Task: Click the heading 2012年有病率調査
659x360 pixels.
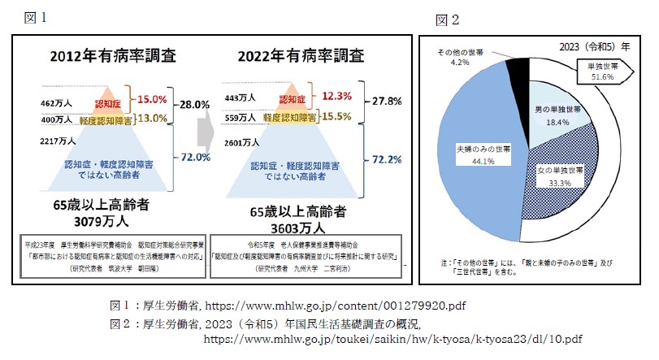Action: [x=114, y=57]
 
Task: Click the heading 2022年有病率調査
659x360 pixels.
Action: [x=301, y=57]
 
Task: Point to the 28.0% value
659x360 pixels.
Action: [x=195, y=106]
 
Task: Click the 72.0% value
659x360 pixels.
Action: [x=195, y=156]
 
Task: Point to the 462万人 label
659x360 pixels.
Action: [x=57, y=104]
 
